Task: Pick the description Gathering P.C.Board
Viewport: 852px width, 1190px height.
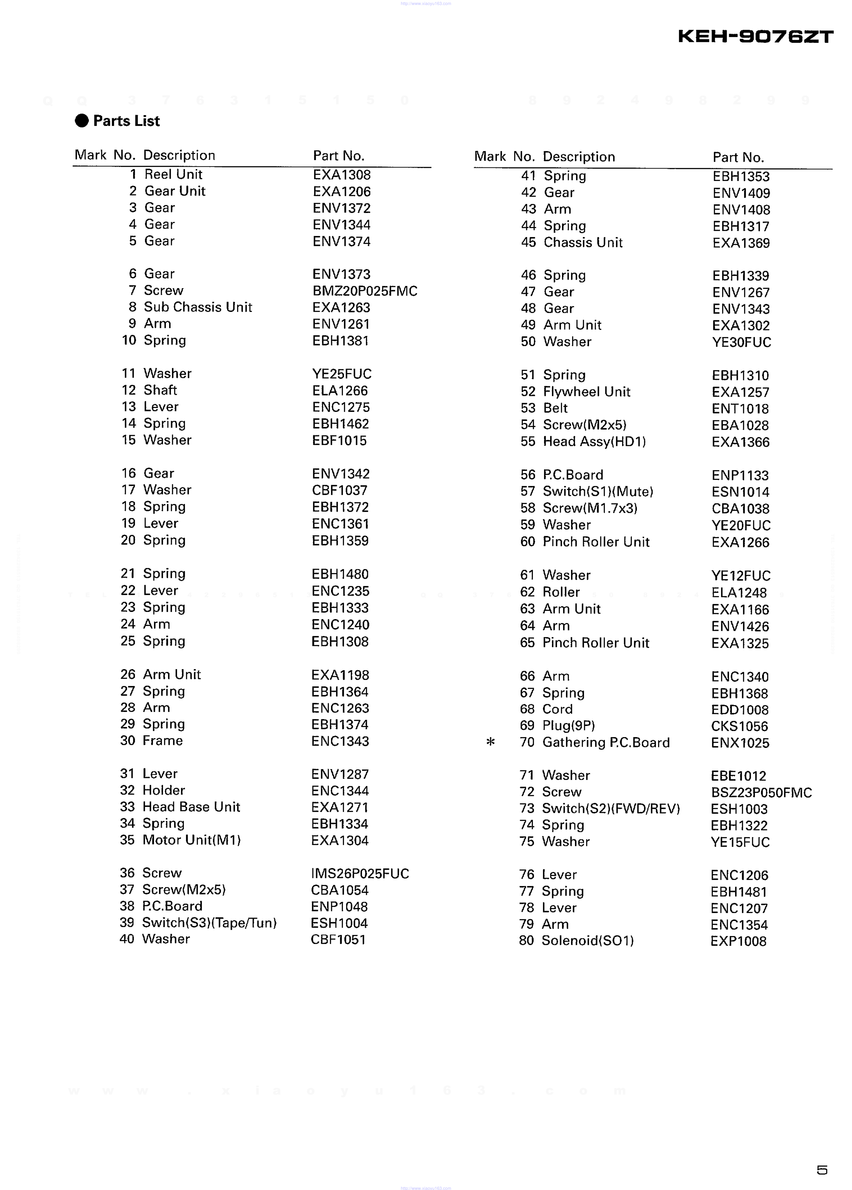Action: pos(606,743)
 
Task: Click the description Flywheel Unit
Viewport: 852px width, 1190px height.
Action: pos(586,392)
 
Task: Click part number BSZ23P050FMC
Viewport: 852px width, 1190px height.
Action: pos(761,792)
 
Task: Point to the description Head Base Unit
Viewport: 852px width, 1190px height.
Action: pos(191,807)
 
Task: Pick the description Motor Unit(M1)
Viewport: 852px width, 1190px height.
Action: pos(191,840)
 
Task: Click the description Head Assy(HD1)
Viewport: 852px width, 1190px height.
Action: pos(594,442)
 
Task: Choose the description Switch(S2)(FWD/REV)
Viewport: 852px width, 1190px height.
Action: pos(611,809)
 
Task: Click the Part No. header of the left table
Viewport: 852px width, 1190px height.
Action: pos(338,156)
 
